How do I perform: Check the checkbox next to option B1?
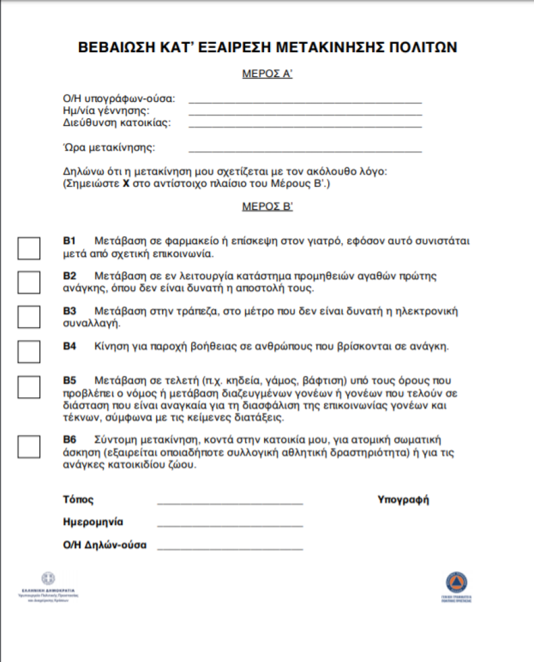click(29, 248)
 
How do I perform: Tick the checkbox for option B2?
click(29, 282)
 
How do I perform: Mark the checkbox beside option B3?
click(29, 317)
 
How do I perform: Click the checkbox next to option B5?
click(29, 387)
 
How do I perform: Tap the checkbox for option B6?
click(29, 447)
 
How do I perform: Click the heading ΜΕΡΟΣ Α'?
click(267, 75)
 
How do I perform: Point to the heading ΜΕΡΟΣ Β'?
click(267, 207)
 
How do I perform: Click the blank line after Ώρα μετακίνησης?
click(305, 150)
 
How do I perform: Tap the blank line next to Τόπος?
click(230, 503)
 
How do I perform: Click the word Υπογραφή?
click(403, 500)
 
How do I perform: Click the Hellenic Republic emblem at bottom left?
click(48, 578)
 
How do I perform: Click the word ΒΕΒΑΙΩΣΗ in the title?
click(117, 48)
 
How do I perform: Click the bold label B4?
click(70, 347)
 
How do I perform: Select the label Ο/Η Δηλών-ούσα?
click(105, 544)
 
